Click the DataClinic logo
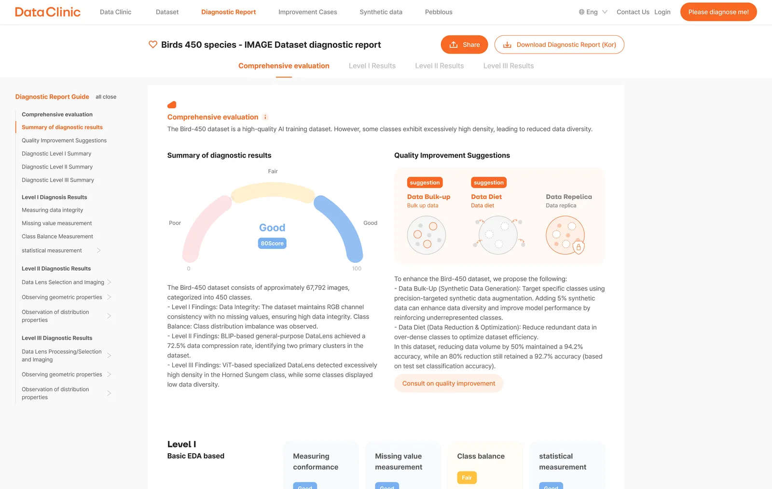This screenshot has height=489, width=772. [x=48, y=12]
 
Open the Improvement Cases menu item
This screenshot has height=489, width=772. [x=307, y=12]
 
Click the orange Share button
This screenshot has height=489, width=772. [x=464, y=44]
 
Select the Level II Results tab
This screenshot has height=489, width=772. [x=439, y=66]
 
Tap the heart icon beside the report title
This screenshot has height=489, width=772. [x=152, y=44]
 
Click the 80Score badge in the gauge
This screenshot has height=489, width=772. [x=272, y=244]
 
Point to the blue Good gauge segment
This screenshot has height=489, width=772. [x=341, y=224]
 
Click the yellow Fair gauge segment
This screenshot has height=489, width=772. [x=272, y=190]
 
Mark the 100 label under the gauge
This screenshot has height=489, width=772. [x=357, y=269]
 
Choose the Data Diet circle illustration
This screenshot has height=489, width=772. [x=498, y=235]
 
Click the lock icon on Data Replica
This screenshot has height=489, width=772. [x=579, y=247]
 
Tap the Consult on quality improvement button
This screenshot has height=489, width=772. [x=448, y=383]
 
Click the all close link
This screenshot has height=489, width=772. [x=106, y=97]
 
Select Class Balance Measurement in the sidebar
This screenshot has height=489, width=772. [x=57, y=236]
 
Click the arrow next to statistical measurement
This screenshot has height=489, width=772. [x=98, y=250]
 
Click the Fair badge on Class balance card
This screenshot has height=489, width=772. [x=467, y=477]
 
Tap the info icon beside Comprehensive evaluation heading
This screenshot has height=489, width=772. [x=265, y=117]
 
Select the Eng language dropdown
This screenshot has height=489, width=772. [x=593, y=12]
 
